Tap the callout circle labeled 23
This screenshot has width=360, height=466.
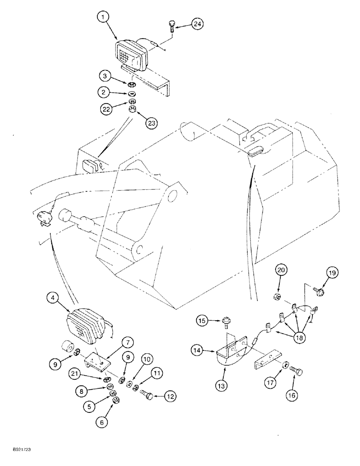click(x=151, y=123)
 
